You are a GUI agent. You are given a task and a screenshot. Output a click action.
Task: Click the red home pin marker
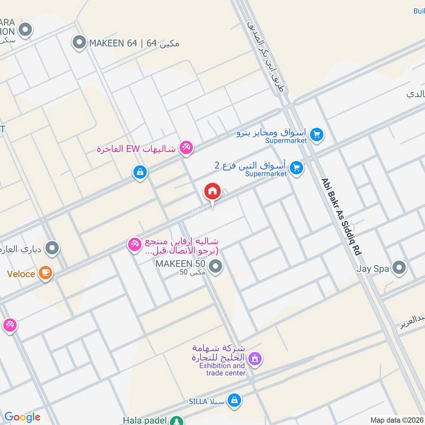(212, 191)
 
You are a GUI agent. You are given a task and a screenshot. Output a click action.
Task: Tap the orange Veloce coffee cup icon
(46, 274)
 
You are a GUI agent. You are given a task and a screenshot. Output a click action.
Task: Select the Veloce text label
(21, 274)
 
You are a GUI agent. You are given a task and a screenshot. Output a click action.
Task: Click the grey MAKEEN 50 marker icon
(215, 267)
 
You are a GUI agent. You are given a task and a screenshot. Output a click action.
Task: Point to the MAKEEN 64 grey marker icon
(79, 42)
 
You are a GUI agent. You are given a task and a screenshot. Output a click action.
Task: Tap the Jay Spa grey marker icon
(399, 268)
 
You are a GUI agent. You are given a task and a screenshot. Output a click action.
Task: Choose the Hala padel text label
(144, 420)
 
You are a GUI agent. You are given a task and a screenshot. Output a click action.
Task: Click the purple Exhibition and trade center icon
(255, 360)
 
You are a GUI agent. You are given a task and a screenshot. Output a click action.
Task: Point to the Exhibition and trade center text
(223, 369)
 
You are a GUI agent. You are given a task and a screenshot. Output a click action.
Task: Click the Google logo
(22, 417)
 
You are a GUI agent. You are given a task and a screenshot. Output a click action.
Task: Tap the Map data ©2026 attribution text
(396, 420)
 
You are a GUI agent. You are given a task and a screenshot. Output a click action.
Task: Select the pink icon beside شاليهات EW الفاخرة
(185, 148)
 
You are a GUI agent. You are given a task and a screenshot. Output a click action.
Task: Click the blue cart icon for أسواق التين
(297, 168)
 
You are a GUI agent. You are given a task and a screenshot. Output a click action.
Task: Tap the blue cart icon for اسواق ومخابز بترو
(317, 134)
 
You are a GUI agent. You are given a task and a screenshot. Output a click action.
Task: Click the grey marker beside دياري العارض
(52, 248)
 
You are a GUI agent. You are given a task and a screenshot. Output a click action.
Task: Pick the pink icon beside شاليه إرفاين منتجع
(134, 244)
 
